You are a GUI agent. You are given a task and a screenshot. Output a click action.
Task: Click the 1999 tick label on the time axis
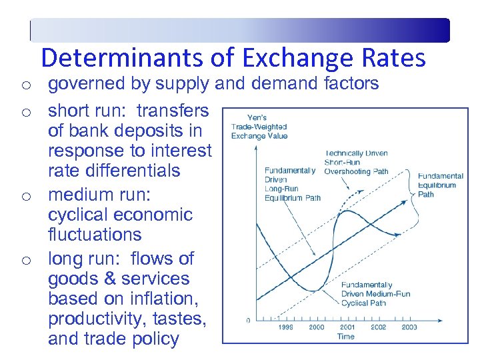pyautogui.click(x=285, y=327)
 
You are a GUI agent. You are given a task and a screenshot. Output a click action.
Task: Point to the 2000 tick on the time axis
pyautogui.click(x=316, y=327)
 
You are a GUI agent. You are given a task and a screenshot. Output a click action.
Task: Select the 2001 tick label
pyautogui.click(x=347, y=327)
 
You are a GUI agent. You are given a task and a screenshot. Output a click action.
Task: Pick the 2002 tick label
pyautogui.click(x=378, y=327)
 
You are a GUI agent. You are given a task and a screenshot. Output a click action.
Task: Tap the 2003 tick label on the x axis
pyautogui.click(x=409, y=327)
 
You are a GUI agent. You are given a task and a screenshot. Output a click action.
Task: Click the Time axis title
pyautogui.click(x=345, y=337)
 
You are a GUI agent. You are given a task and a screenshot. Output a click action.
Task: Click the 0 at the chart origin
pyautogui.click(x=248, y=321)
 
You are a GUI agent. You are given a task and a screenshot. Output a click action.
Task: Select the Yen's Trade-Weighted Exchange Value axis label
pyautogui.click(x=259, y=127)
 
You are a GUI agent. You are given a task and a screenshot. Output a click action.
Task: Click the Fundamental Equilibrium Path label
pyautogui.click(x=440, y=185)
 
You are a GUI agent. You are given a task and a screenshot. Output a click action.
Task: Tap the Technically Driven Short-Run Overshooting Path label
pyautogui.click(x=356, y=162)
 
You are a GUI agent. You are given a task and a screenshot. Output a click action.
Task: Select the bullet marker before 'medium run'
pyautogui.click(x=24, y=196)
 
